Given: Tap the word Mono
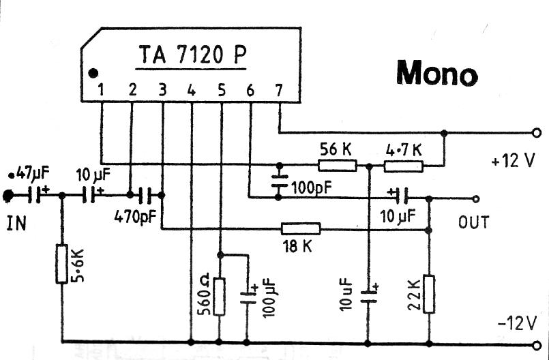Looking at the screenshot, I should [x=436, y=72].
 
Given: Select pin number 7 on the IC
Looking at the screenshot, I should [x=278, y=89].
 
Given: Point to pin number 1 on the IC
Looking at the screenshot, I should [x=101, y=89].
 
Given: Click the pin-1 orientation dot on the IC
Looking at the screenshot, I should [x=93, y=72].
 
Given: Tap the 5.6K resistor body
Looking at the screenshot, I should [x=61, y=264].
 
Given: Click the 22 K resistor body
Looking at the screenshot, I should [x=428, y=293].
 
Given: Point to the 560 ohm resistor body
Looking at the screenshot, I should [x=219, y=296].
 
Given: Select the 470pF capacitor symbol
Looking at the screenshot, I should [x=148, y=196].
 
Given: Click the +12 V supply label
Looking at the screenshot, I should [x=511, y=162].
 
